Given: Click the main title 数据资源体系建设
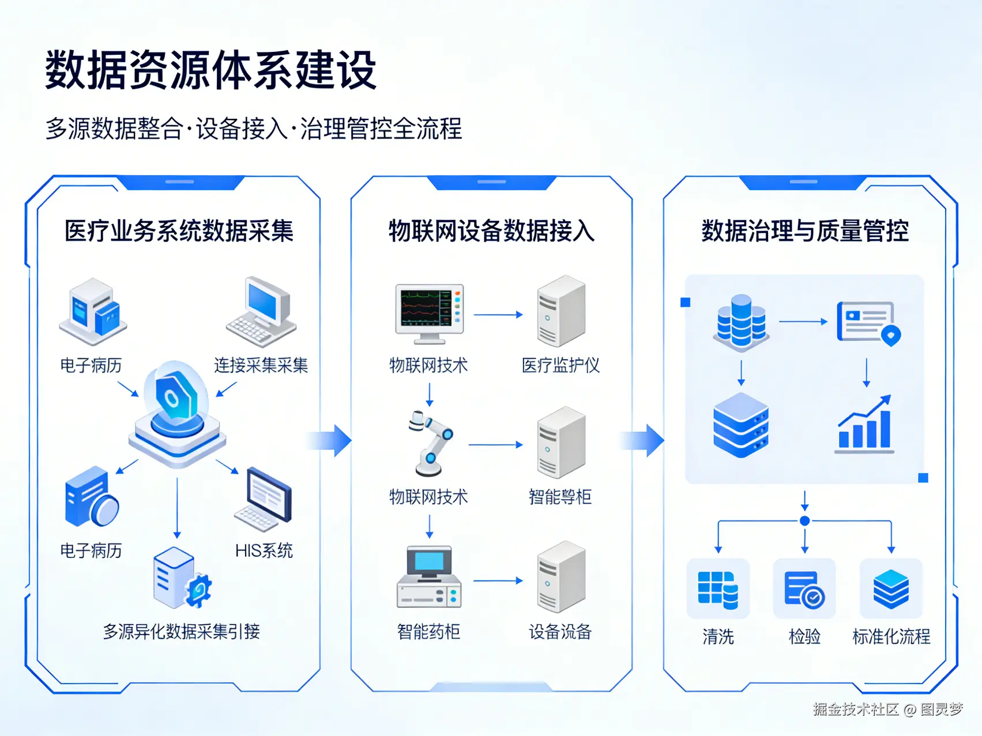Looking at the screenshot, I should tap(210, 70).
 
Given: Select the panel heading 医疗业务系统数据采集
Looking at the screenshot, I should tap(179, 231).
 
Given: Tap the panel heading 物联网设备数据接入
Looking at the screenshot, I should tap(491, 231).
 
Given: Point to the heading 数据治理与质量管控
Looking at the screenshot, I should tap(805, 231).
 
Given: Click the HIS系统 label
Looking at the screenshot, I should tap(264, 550).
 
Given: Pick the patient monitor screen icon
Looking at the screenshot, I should tap(430, 312).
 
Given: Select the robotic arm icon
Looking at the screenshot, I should tap(430, 443).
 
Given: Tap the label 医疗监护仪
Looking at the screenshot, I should tap(560, 365).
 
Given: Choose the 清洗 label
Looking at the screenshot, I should tap(718, 636).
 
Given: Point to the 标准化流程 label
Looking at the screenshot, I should tap(891, 636).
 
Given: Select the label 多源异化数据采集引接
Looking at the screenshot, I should tap(182, 632).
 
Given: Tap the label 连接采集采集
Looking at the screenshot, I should tap(261, 365).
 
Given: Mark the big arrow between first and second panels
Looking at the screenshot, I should tap(332, 441).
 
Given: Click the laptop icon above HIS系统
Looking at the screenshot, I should tap(264, 499).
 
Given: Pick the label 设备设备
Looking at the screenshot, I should tap(560, 632).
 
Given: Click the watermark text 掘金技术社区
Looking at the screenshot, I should tap(856, 709).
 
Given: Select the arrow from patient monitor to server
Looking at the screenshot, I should tap(498, 315).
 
